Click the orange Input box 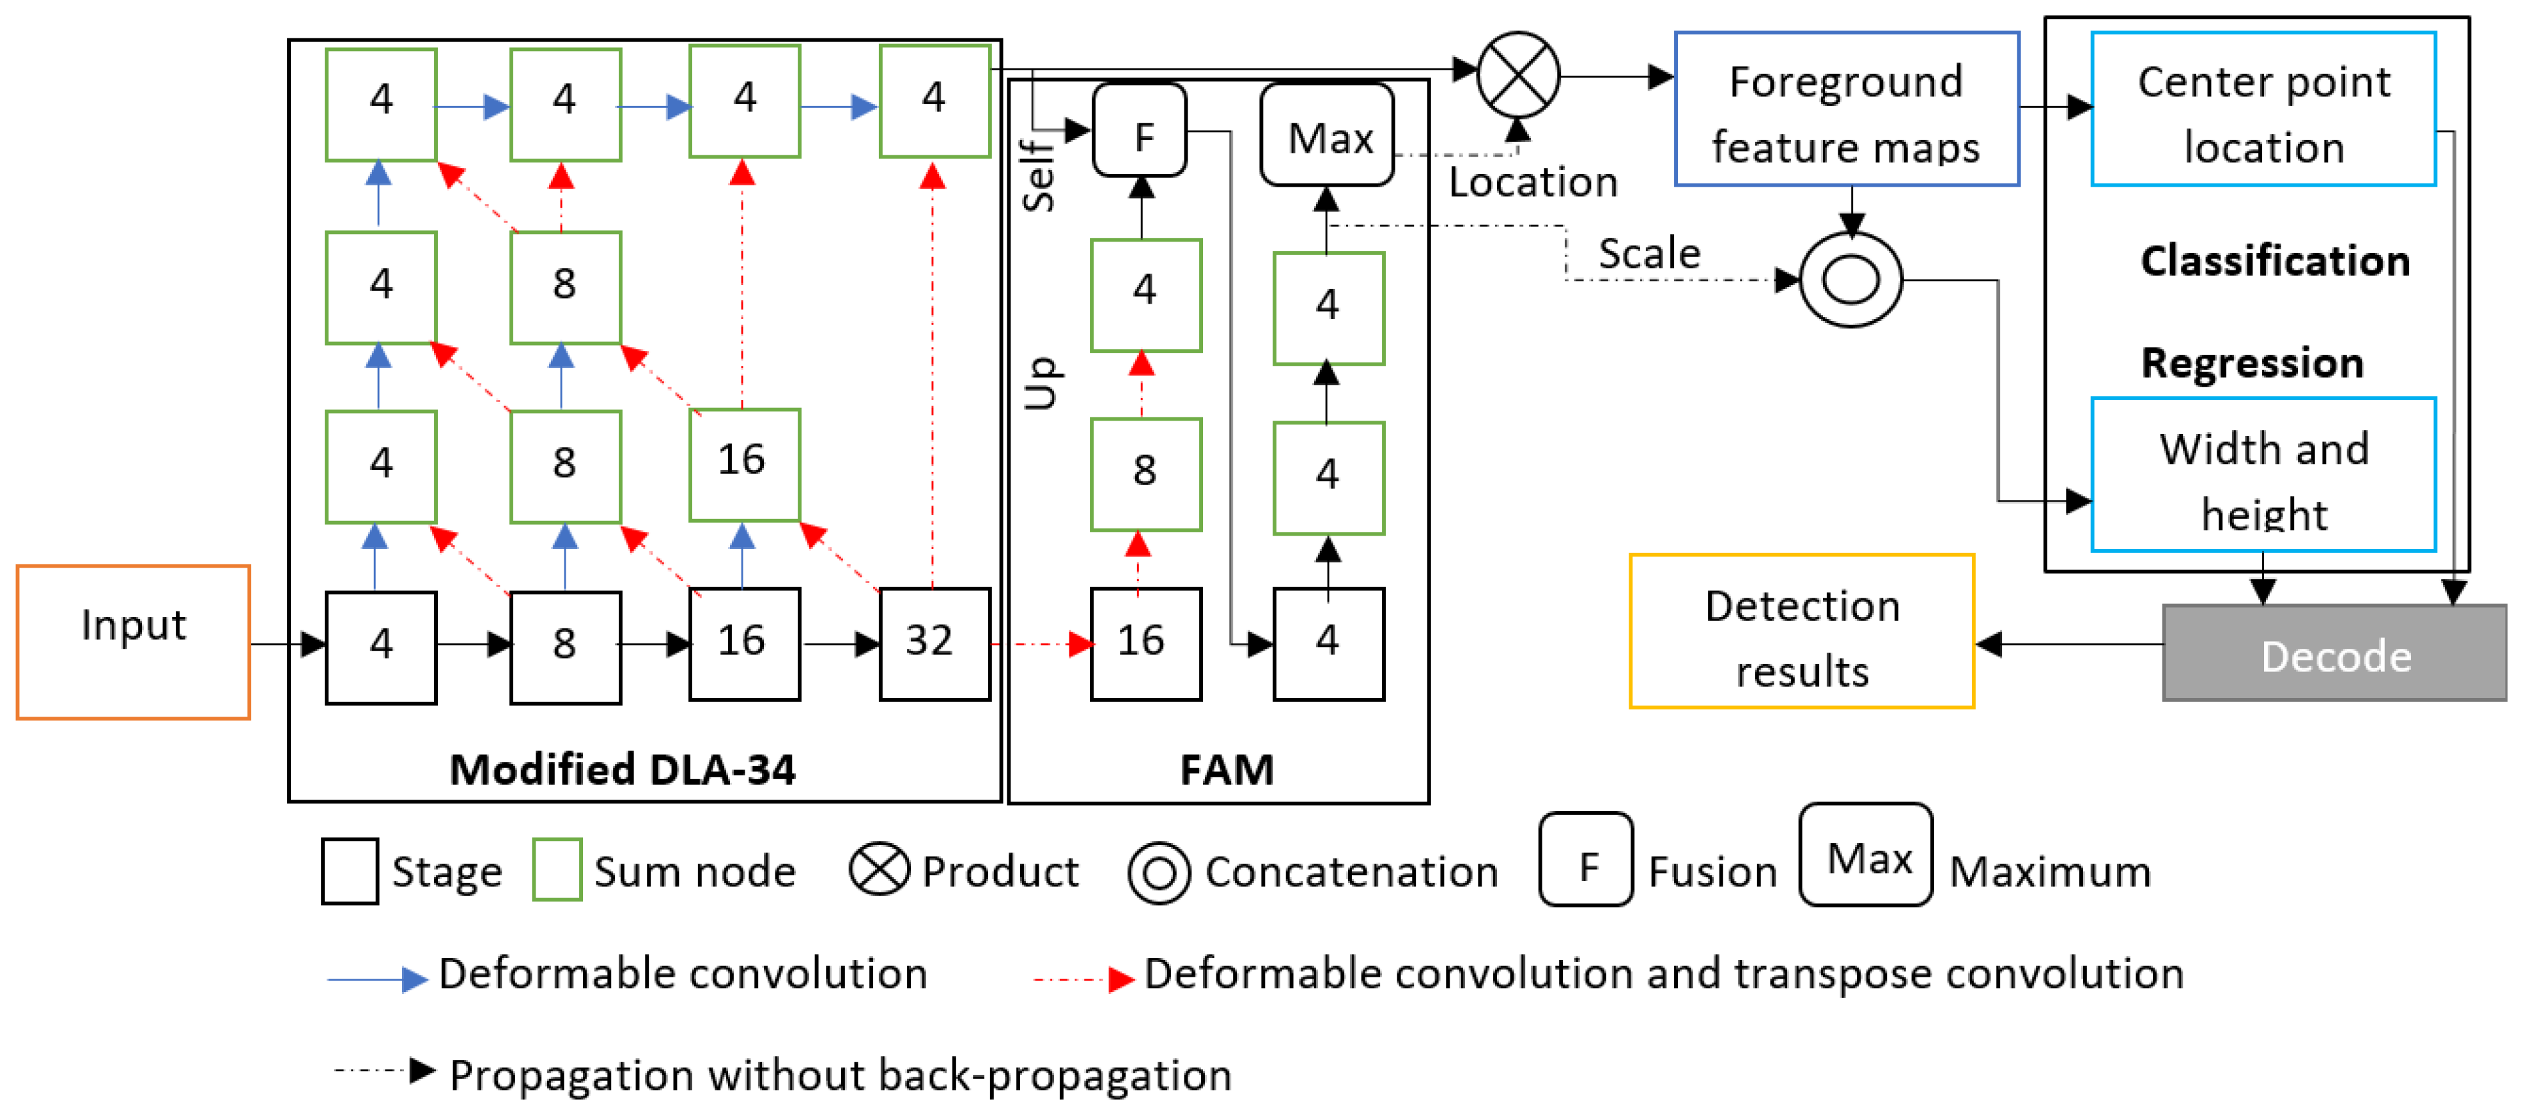click(x=134, y=642)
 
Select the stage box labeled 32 click(x=934, y=644)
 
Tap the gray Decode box click(x=2335, y=653)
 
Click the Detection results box click(x=1802, y=631)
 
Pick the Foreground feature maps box click(x=1846, y=109)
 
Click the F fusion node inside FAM click(x=1140, y=130)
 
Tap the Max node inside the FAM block click(x=1328, y=134)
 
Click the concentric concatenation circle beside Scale click(x=1851, y=280)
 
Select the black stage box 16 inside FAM click(x=1146, y=644)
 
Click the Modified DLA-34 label click(x=622, y=768)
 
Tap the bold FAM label click(x=1227, y=768)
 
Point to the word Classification click(x=2275, y=261)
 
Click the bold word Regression click(x=2253, y=363)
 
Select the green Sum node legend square click(x=557, y=870)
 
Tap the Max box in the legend click(x=1866, y=855)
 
